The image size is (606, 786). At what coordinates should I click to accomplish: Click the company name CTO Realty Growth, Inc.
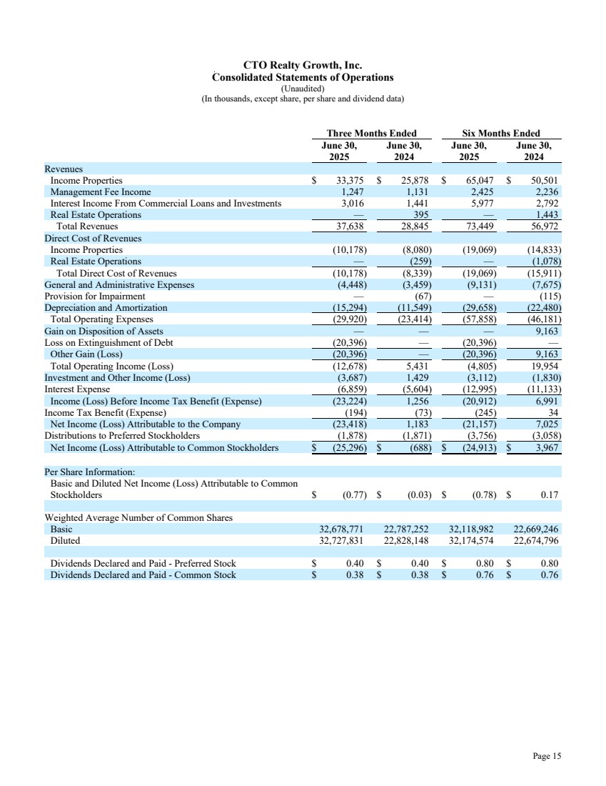pyautogui.click(x=303, y=66)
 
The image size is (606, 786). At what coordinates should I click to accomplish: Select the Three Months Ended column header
pyautogui.click(x=371, y=133)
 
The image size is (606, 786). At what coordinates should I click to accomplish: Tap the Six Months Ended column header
pyautogui.click(x=501, y=133)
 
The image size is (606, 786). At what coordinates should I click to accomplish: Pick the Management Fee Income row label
pyautogui.click(x=101, y=192)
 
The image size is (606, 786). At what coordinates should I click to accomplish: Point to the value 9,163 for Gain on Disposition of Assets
pyautogui.click(x=545, y=332)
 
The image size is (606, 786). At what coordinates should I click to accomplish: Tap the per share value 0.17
pyautogui.click(x=549, y=494)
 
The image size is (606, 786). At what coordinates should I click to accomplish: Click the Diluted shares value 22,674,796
pyautogui.click(x=536, y=541)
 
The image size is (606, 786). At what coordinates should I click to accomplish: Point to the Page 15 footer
pyautogui.click(x=547, y=756)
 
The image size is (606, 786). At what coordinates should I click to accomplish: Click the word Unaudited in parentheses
pyautogui.click(x=303, y=88)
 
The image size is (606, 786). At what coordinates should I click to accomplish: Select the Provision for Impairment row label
pyautogui.click(x=95, y=296)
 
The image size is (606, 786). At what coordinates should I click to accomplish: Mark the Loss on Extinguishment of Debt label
pyautogui.click(x=108, y=343)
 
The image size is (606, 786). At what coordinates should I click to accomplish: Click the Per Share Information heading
pyautogui.click(x=89, y=472)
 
